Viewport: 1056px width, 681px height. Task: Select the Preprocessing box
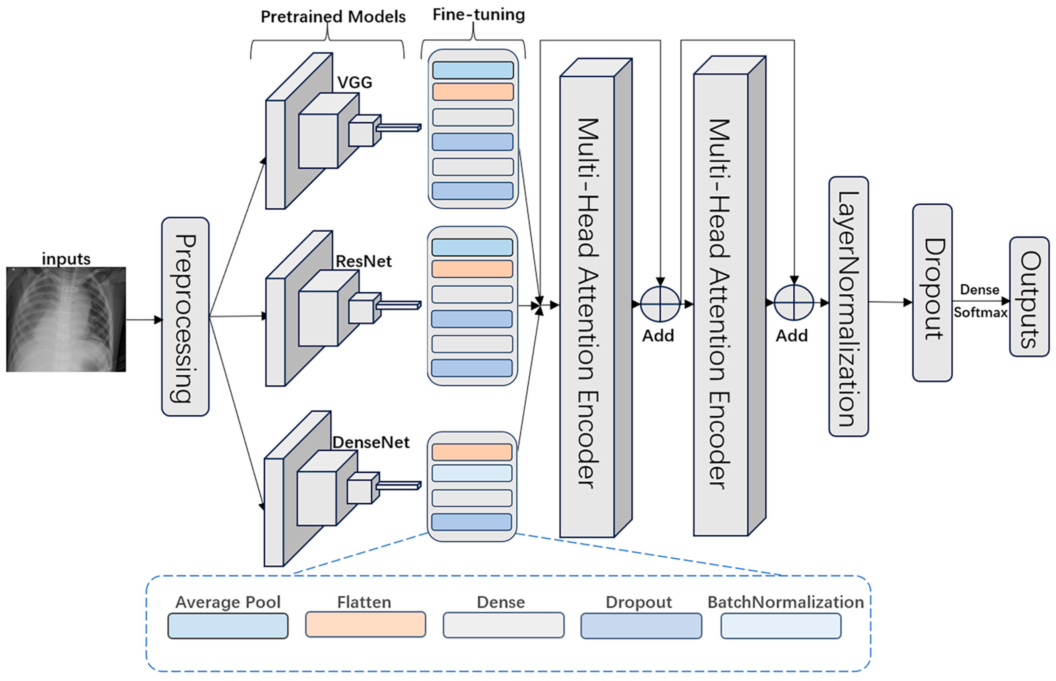pyautogui.click(x=185, y=317)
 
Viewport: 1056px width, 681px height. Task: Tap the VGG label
pyautogui.click(x=354, y=82)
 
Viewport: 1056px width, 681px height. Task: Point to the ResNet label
pyautogui.click(x=363, y=261)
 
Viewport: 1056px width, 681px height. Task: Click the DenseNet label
pyautogui.click(x=371, y=442)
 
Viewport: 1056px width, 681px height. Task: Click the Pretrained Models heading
pyautogui.click(x=333, y=17)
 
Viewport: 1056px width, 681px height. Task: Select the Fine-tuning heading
pyautogui.click(x=479, y=15)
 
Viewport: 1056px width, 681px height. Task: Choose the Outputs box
pyautogui.click(x=1029, y=297)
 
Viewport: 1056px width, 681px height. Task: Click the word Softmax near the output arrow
pyautogui.click(x=980, y=313)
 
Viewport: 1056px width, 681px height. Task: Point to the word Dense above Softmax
pyautogui.click(x=979, y=290)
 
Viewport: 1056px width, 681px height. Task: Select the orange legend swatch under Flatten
pyautogui.click(x=365, y=624)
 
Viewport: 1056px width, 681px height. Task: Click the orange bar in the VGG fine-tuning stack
pyautogui.click(x=473, y=92)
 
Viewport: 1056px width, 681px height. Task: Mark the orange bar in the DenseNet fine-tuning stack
pyautogui.click(x=472, y=452)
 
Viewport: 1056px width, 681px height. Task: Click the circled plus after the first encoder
pyautogui.click(x=660, y=304)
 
